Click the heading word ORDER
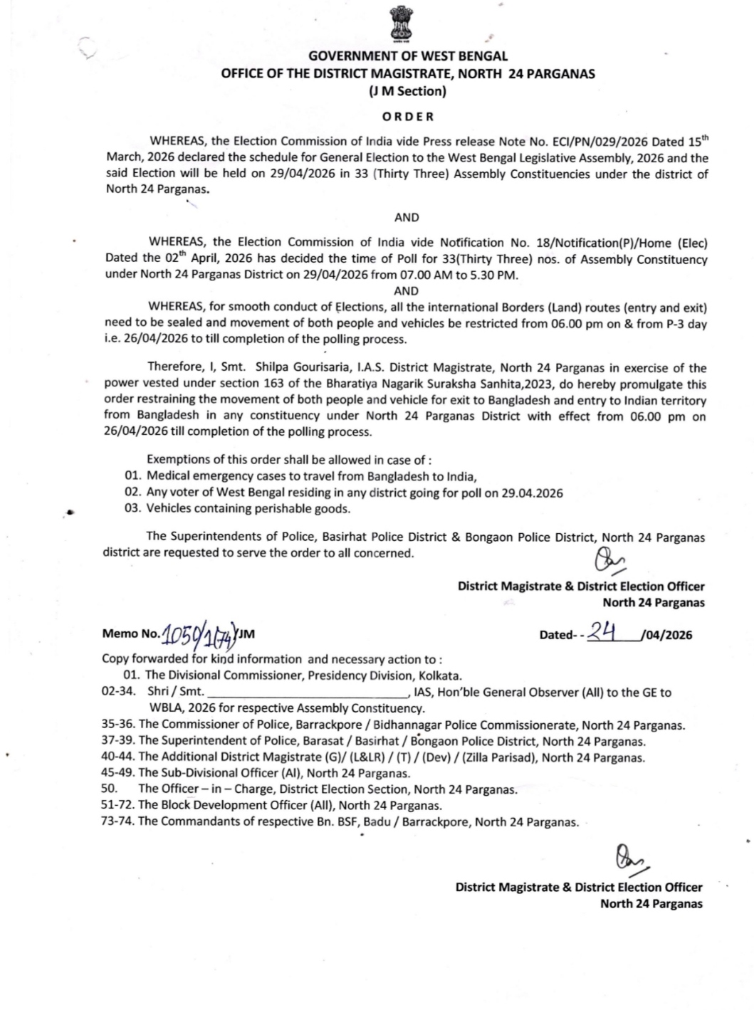(x=407, y=116)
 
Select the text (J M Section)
(x=407, y=90)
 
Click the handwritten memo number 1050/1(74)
(x=199, y=632)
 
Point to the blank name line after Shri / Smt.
(x=307, y=693)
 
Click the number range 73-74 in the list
(x=117, y=821)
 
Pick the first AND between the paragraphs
(x=407, y=217)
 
